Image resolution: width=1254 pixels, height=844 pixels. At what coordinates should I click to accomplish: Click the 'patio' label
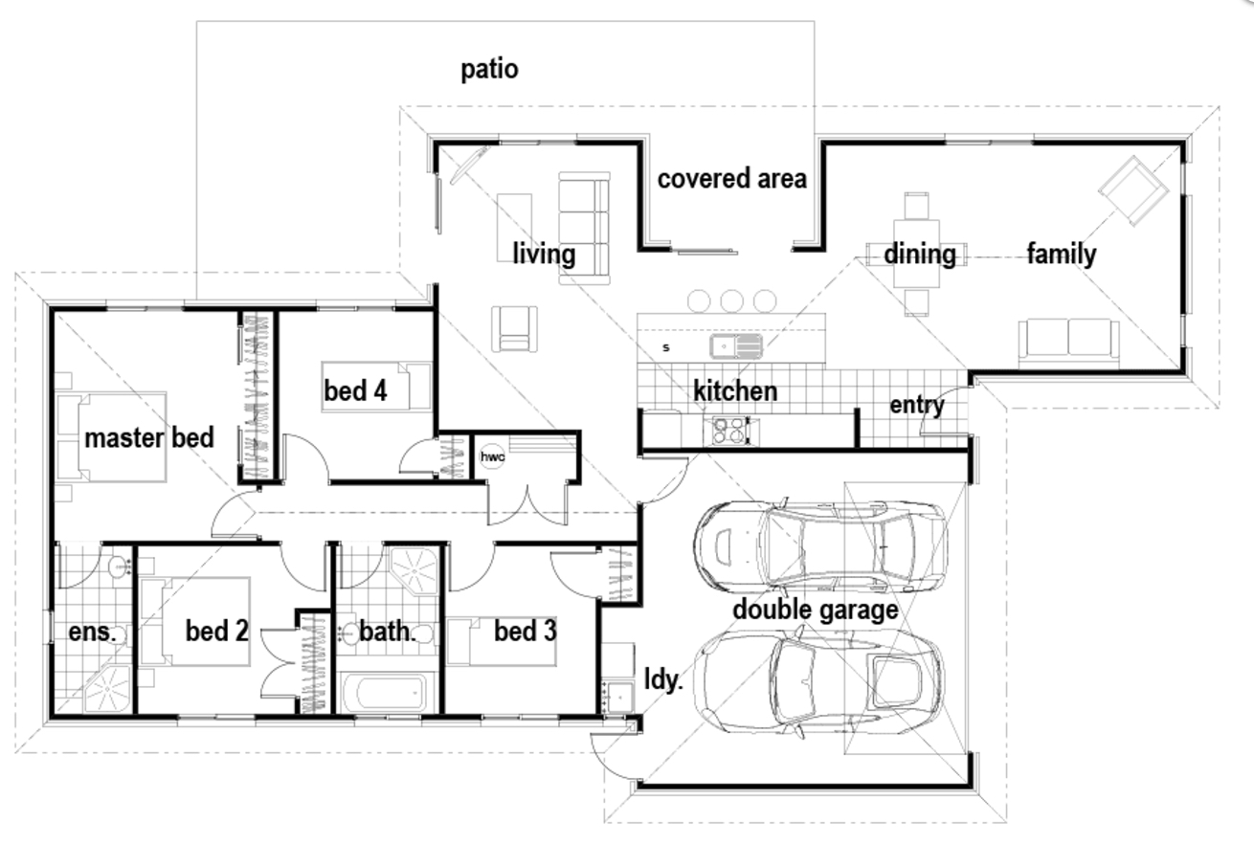click(x=489, y=70)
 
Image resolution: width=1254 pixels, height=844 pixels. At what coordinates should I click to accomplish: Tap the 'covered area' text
click(x=731, y=179)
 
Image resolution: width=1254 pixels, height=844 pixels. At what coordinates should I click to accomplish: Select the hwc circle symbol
click(x=492, y=456)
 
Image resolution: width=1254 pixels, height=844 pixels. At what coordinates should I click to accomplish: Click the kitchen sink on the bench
click(x=735, y=344)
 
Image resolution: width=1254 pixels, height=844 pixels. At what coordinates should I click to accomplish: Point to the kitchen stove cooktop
click(x=727, y=432)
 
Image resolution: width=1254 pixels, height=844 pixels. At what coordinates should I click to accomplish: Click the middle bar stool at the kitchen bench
click(x=731, y=300)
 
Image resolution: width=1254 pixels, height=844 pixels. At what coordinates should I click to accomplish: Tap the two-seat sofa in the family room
click(x=1067, y=342)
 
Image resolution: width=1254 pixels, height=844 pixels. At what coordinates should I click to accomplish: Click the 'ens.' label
click(x=92, y=633)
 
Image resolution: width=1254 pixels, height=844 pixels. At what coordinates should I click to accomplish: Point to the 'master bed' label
click(x=148, y=438)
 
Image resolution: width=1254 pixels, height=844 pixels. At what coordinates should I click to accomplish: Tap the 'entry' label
click(x=916, y=405)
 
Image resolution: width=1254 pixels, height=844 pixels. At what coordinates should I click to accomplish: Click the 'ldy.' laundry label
click(x=662, y=680)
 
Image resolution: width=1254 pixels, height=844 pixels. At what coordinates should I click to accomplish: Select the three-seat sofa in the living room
click(x=584, y=228)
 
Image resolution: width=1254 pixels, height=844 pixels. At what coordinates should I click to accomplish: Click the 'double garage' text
click(x=815, y=610)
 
